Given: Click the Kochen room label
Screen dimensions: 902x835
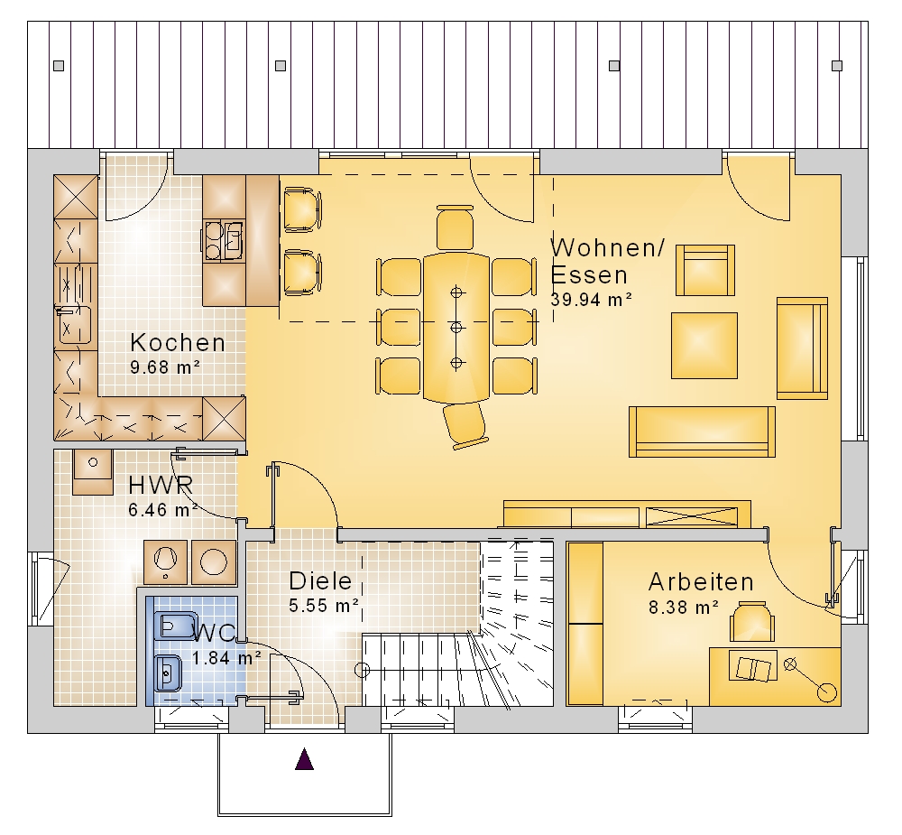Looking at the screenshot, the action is click(x=178, y=343).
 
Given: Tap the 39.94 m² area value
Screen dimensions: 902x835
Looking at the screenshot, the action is click(x=592, y=300).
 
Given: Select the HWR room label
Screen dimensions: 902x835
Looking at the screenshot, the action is click(x=161, y=486).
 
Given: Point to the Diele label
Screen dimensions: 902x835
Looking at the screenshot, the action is click(x=320, y=581).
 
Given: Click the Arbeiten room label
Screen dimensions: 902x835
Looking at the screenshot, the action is click(x=701, y=582).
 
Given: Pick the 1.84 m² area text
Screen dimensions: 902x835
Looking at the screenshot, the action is click(x=226, y=658).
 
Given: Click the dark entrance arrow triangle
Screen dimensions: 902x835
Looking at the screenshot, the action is click(x=304, y=759).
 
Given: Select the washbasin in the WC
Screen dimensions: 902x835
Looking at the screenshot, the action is click(x=168, y=673).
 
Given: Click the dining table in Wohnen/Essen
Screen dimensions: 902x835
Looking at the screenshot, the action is click(x=456, y=327).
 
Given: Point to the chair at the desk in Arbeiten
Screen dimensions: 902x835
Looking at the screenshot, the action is click(x=752, y=621).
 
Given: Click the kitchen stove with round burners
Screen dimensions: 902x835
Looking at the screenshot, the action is click(x=223, y=240).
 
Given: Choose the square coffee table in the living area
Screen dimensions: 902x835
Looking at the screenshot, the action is click(x=704, y=346).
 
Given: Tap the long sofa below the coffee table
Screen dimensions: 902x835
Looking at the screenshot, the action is click(x=702, y=431).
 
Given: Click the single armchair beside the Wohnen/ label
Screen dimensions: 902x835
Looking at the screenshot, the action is click(x=705, y=270).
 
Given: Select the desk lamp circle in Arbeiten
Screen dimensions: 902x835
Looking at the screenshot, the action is click(x=827, y=692).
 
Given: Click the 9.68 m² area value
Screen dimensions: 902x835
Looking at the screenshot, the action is click(x=165, y=366).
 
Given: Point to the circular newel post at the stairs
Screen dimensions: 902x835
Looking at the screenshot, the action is click(x=363, y=670).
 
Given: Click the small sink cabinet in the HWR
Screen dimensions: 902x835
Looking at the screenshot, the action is click(x=93, y=471).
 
